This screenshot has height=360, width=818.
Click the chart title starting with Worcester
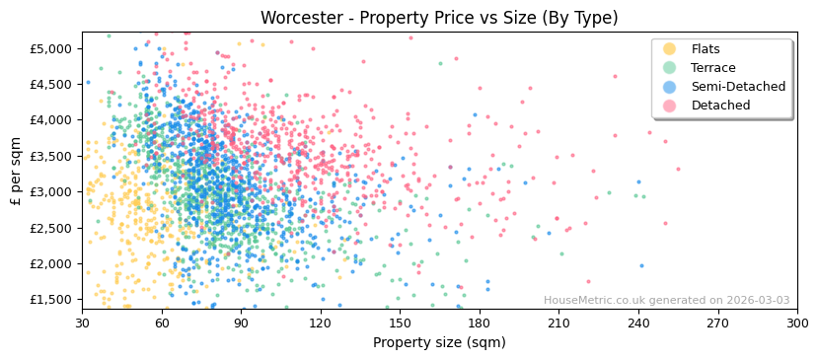(439, 18)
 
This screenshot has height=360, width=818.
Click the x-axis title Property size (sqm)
(439, 342)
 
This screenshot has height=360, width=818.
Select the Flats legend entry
(706, 49)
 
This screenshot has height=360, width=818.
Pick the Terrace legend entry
(712, 68)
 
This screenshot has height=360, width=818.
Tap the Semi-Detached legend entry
(738, 87)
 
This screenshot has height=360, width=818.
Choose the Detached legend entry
(720, 106)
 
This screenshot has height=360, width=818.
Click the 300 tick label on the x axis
(796, 323)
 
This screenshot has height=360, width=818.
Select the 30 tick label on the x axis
(82, 323)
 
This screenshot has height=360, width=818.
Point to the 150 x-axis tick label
(400, 323)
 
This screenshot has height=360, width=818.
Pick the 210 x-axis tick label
(558, 323)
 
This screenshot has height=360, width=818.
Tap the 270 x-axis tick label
(717, 323)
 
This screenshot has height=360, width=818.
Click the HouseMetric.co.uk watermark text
(666, 301)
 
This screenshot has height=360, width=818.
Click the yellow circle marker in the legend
(669, 49)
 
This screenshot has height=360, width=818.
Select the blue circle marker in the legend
(669, 87)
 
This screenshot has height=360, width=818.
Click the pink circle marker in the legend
(669, 106)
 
